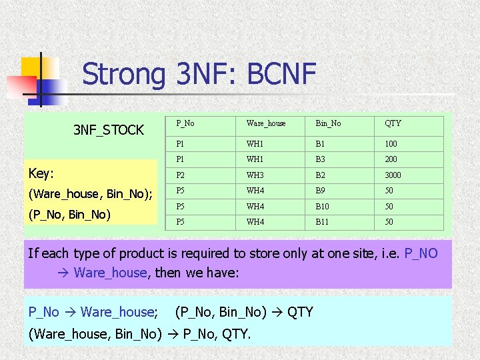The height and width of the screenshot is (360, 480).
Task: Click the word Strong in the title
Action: [123, 75]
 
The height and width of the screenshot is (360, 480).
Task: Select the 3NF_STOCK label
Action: [109, 130]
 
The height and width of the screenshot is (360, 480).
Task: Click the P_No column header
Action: [185, 123]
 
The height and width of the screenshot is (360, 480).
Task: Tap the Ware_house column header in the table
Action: [265, 123]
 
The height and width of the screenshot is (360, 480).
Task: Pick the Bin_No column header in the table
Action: [328, 123]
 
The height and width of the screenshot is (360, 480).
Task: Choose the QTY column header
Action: [393, 123]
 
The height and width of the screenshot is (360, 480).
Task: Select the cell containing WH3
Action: [255, 175]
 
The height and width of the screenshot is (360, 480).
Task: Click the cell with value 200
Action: [391, 159]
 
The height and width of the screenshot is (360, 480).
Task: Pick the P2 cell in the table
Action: [181, 175]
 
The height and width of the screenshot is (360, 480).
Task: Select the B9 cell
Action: [321, 191]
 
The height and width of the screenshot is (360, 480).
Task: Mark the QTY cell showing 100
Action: [391, 143]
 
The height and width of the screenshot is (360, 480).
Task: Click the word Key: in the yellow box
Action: [41, 173]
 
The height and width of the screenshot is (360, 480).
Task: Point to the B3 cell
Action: [321, 159]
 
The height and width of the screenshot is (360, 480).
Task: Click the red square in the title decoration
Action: [21, 86]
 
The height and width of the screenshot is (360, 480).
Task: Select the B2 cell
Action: [321, 175]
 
